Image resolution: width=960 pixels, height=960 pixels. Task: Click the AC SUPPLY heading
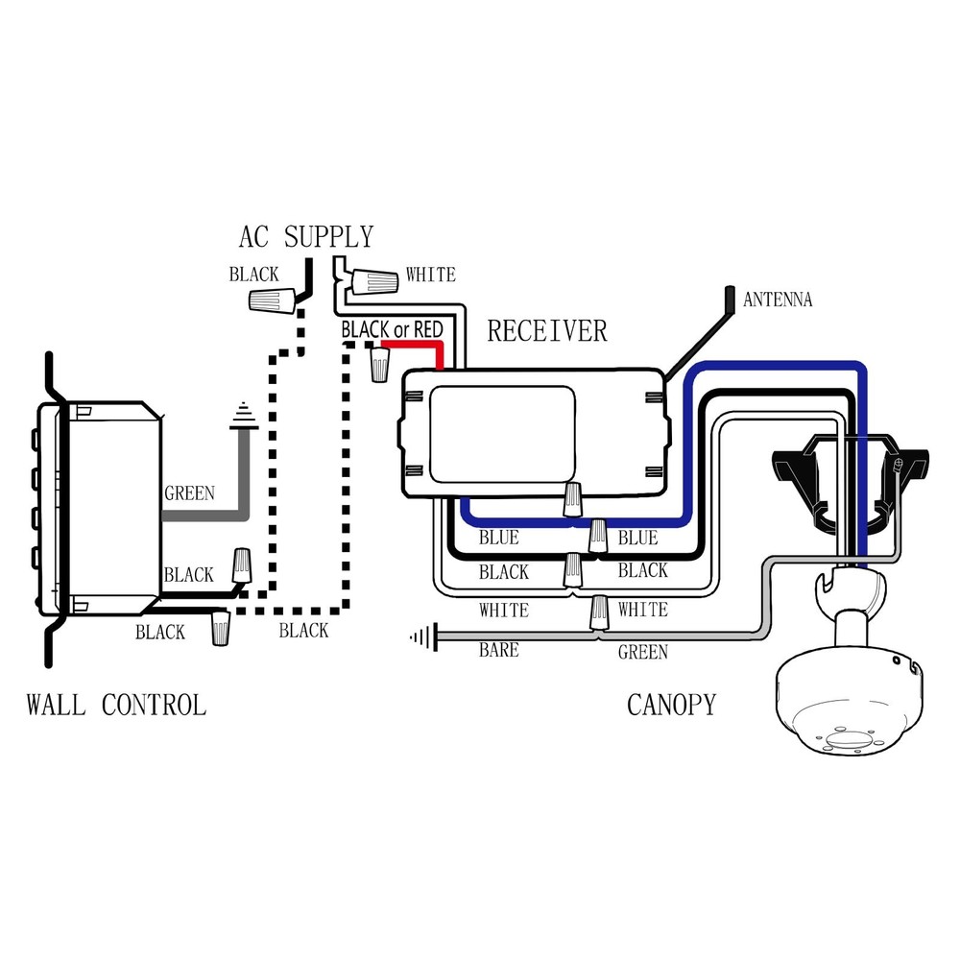tap(305, 236)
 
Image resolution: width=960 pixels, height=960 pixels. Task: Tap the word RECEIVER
tap(547, 331)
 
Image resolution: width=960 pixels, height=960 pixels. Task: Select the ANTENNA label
tap(778, 300)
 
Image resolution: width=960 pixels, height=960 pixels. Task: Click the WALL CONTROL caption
tap(116, 706)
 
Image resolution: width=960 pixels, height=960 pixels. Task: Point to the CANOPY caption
tap(671, 706)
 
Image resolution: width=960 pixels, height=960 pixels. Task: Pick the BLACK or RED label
tap(392, 329)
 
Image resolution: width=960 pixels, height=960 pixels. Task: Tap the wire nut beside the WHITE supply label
tap(373, 281)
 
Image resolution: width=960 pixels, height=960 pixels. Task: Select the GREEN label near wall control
tap(189, 494)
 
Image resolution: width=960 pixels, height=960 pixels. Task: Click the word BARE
tap(498, 651)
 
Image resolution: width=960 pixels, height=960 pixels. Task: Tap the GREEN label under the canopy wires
tap(642, 653)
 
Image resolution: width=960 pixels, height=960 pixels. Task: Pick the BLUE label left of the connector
tap(498, 539)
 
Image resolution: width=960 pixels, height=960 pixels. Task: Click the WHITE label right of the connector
tap(642, 610)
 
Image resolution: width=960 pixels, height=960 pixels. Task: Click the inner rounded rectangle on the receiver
tap(500, 432)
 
